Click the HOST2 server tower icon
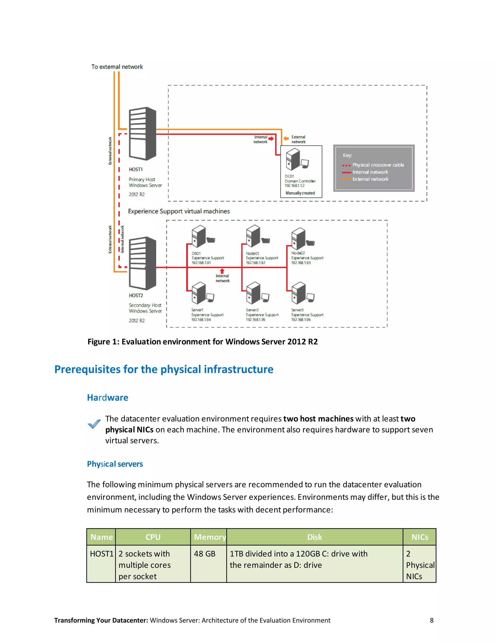coord(142,263)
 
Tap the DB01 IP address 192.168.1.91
coord(201,263)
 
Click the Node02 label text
coord(298,253)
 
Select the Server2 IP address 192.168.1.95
coord(256,320)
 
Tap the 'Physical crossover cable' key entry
coord(378,165)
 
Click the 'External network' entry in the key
coord(370,179)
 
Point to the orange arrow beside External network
coord(286,138)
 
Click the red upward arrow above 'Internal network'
coord(222,271)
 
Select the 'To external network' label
coord(117,67)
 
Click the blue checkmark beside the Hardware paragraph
coord(94,424)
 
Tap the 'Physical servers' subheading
coord(115,464)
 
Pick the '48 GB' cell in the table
coord(204,554)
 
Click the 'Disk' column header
coord(314,537)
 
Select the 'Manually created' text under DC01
coord(300,193)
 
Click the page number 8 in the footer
coord(432,620)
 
